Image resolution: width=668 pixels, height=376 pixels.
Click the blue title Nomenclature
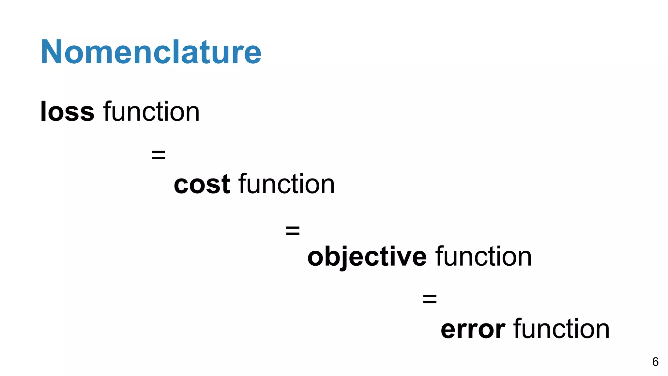coord(151,52)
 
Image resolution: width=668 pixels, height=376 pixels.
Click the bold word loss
coord(67,112)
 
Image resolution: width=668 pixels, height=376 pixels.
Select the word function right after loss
coord(151,112)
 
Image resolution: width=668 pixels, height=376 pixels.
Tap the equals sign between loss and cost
coord(158,155)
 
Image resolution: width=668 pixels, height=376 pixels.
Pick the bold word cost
coord(202,184)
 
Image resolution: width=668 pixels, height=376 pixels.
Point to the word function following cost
coord(287,184)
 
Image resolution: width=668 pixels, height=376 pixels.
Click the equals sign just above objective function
coord(293,230)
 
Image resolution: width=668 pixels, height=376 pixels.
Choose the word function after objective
coord(484,257)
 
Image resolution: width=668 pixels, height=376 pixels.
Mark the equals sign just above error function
coord(430,298)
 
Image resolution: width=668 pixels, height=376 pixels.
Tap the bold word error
coord(473,329)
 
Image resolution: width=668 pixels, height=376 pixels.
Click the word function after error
coord(561,329)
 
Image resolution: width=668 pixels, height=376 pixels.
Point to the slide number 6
coord(655,362)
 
